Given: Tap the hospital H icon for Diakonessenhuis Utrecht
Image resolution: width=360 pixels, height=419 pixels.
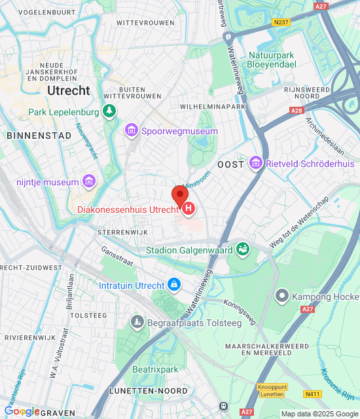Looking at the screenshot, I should [x=189, y=209].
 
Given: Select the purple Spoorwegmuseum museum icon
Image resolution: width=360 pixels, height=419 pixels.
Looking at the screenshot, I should [x=132, y=131].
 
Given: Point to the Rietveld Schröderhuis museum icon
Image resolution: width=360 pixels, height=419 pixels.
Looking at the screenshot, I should [x=255, y=162].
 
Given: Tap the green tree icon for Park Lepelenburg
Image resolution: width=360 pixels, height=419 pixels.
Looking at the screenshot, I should [x=109, y=112].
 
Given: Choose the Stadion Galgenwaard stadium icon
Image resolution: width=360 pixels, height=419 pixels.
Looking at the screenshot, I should [x=243, y=249].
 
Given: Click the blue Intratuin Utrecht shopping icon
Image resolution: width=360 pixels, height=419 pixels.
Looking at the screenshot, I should [x=173, y=285].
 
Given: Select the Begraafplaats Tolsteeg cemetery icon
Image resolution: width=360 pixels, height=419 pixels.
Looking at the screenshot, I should [x=137, y=321].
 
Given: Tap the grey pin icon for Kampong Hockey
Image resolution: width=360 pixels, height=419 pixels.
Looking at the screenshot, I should [x=282, y=296].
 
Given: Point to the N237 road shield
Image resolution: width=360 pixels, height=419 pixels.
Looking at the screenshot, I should [x=281, y=22].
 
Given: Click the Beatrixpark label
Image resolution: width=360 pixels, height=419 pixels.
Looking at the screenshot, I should [x=156, y=370].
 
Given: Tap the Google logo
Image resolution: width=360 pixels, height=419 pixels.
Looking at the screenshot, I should [x=22, y=411].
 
